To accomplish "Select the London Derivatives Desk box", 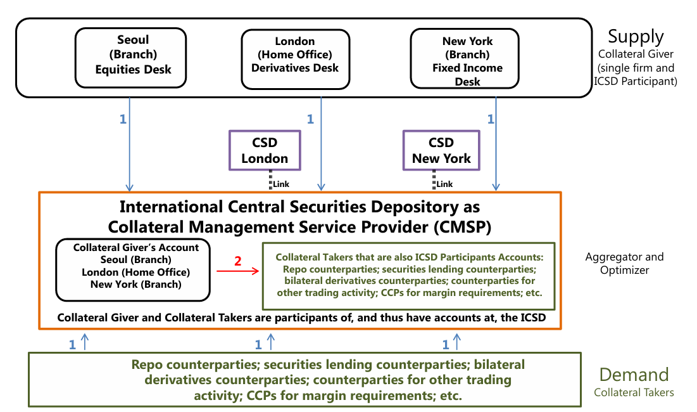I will (295, 55).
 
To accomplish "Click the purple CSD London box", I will (265, 150).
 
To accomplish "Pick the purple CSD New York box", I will (441, 150).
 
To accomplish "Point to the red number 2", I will (238, 261).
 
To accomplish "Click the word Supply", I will (636, 36).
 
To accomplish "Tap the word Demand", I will (634, 375).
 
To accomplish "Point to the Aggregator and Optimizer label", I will (625, 263).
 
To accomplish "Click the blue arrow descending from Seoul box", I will (130, 146).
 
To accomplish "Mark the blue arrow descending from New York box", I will (494, 146).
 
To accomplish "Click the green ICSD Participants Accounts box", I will (409, 275).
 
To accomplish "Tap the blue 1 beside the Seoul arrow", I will (123, 119).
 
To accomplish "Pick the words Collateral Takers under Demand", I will (634, 393).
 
